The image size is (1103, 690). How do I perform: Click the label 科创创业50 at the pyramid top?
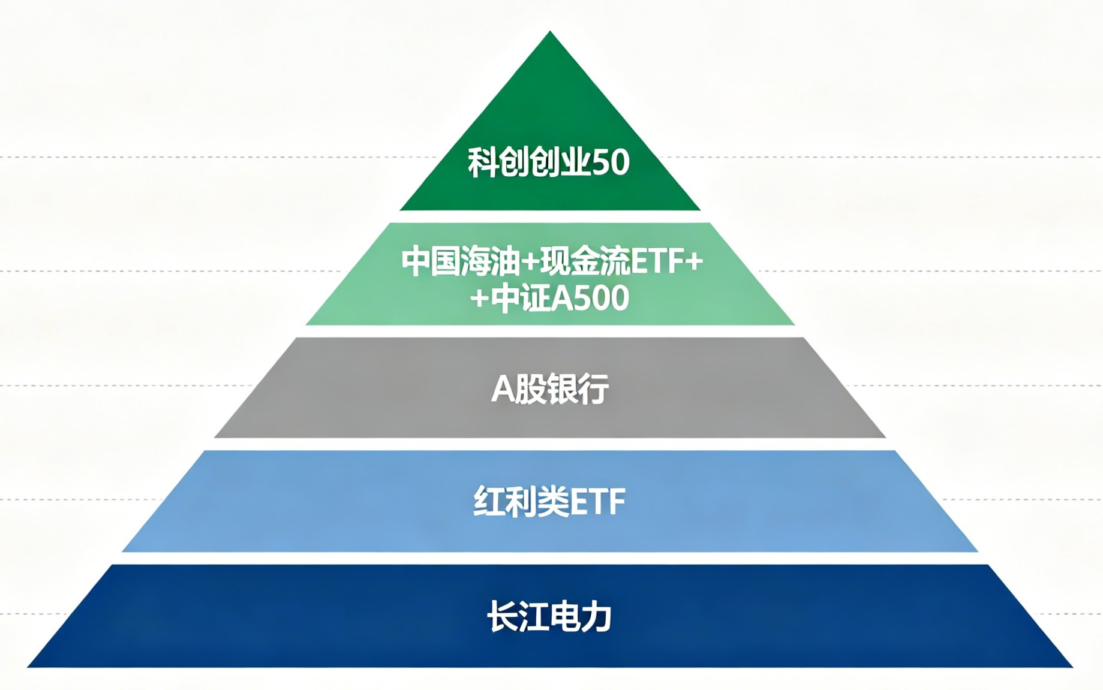pyautogui.click(x=549, y=162)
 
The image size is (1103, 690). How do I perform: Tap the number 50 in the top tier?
pyautogui.click(x=611, y=162)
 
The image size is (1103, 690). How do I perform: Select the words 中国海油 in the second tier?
pyautogui.click(x=460, y=262)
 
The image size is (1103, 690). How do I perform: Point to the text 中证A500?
pyautogui.click(x=560, y=298)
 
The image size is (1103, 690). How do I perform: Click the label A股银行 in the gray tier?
pyautogui.click(x=550, y=388)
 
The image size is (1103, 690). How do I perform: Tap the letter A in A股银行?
pyautogui.click(x=503, y=389)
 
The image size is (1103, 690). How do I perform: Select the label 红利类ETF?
pyautogui.click(x=549, y=502)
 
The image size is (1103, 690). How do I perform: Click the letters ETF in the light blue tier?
pyautogui.click(x=596, y=502)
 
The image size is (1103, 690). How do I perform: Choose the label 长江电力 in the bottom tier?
pyautogui.click(x=549, y=616)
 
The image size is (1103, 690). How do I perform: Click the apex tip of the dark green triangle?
pyautogui.click(x=550, y=33)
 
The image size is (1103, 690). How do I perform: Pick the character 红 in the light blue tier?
pyautogui.click(x=489, y=502)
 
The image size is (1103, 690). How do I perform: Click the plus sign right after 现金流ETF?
pyautogui.click(x=694, y=262)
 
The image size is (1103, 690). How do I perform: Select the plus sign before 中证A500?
pyautogui.click(x=479, y=298)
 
